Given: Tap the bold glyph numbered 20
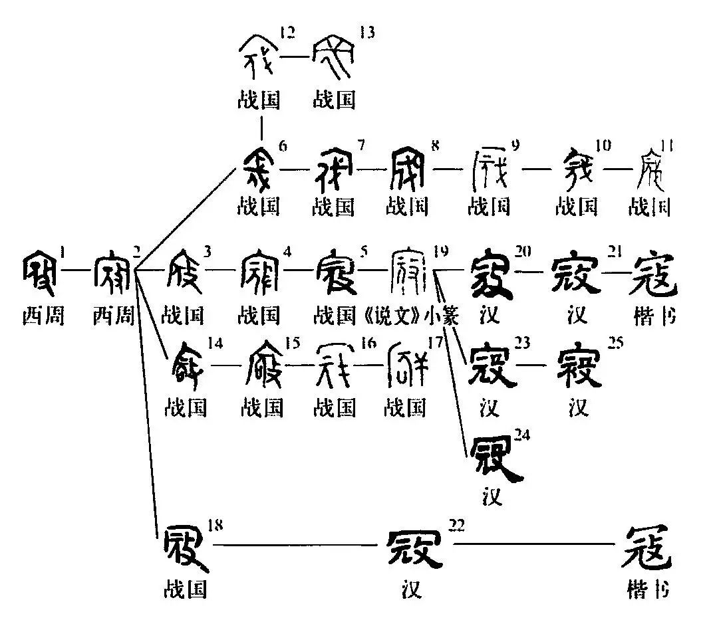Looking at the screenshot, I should (x=491, y=274).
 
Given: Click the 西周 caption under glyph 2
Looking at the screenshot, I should (x=113, y=316).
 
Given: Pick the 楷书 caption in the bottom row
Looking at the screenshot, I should (x=646, y=589).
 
